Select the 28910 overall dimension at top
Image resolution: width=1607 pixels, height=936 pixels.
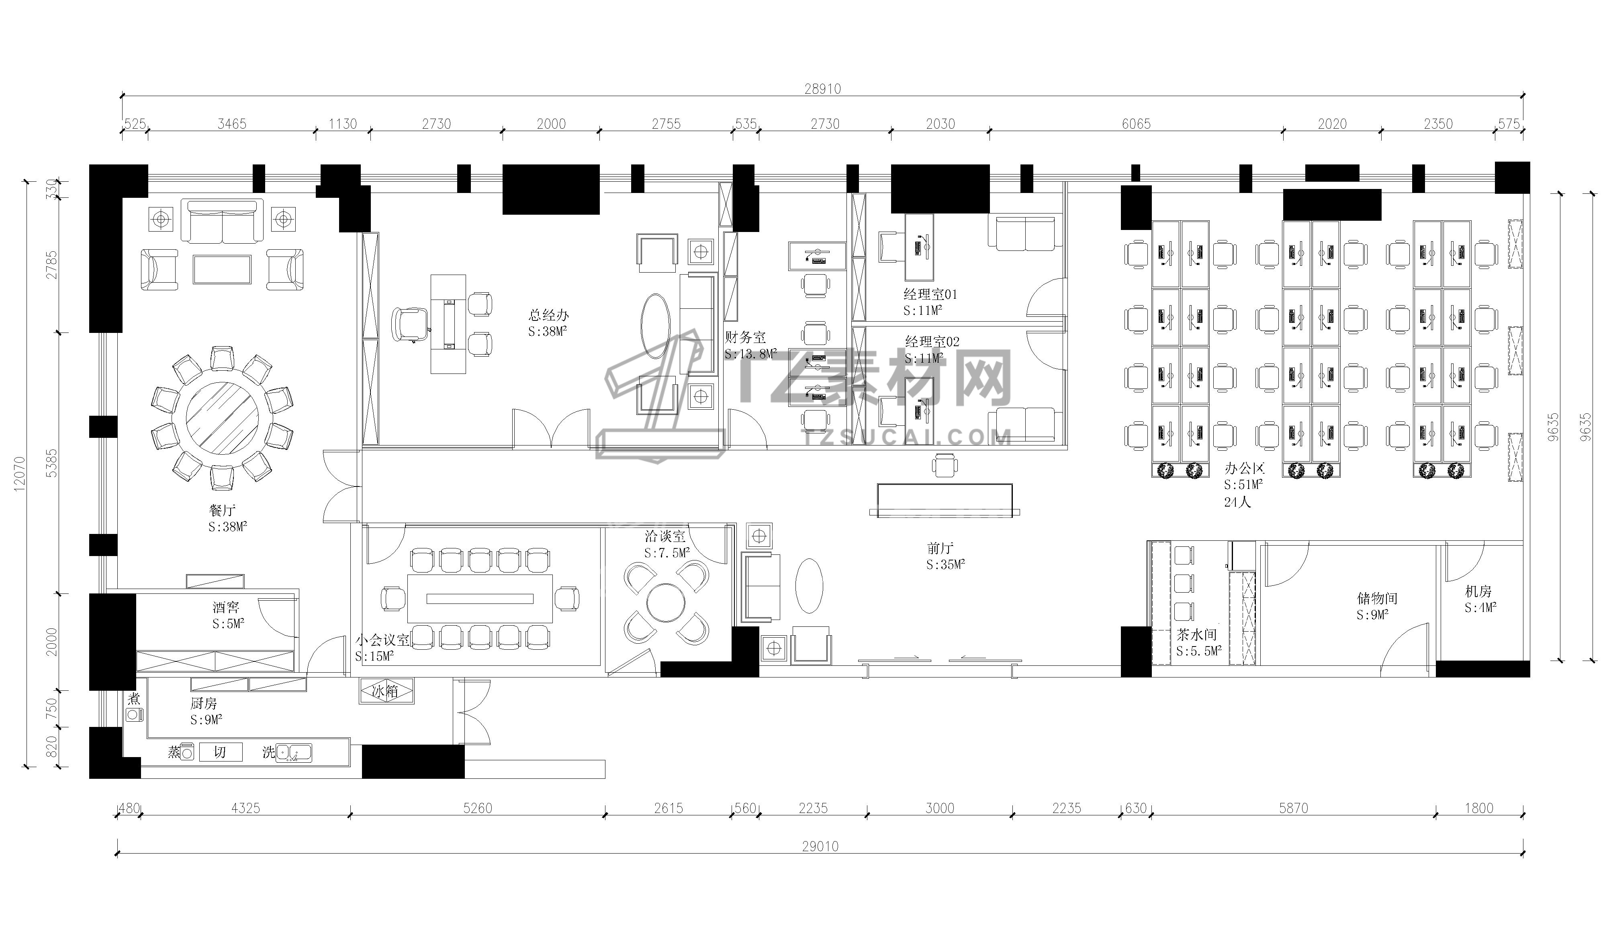coord(822,89)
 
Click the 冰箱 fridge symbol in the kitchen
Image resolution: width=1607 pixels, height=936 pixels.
coord(386,691)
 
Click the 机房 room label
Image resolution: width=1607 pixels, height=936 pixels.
coord(1478,591)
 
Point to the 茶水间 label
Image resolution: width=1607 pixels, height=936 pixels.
coord(1196,635)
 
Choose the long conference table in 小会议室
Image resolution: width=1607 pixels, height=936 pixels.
coord(480,599)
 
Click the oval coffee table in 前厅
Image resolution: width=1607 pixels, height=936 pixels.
coord(809,586)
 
